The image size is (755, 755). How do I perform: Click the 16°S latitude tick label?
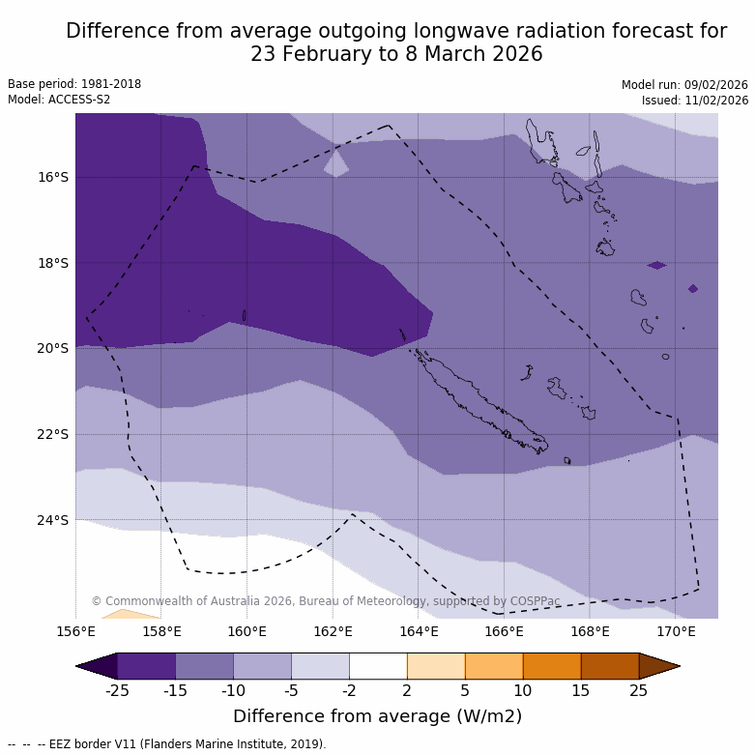(x=53, y=177)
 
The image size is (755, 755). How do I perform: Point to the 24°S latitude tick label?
(x=53, y=520)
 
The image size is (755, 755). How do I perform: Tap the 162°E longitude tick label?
(x=333, y=632)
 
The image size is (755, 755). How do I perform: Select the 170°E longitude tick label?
(x=676, y=632)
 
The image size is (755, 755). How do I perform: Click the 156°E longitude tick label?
(x=75, y=632)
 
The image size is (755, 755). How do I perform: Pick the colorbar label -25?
(x=117, y=690)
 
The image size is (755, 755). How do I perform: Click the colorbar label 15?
(x=581, y=690)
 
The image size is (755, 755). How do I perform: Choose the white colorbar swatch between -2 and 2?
(x=378, y=666)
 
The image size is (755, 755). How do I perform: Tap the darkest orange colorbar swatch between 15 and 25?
(x=610, y=666)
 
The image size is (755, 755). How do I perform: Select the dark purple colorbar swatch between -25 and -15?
(x=146, y=666)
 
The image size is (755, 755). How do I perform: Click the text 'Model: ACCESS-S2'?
(x=59, y=100)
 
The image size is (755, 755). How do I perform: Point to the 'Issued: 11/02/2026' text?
(x=695, y=100)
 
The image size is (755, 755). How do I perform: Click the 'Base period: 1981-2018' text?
(x=74, y=84)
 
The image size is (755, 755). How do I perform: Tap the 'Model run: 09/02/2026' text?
(x=684, y=85)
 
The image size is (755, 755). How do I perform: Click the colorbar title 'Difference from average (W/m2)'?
(x=377, y=716)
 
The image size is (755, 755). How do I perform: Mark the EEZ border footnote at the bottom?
(x=167, y=744)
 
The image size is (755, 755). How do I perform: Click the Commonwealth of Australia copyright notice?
(x=326, y=601)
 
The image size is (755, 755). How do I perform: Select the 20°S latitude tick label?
(x=53, y=348)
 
